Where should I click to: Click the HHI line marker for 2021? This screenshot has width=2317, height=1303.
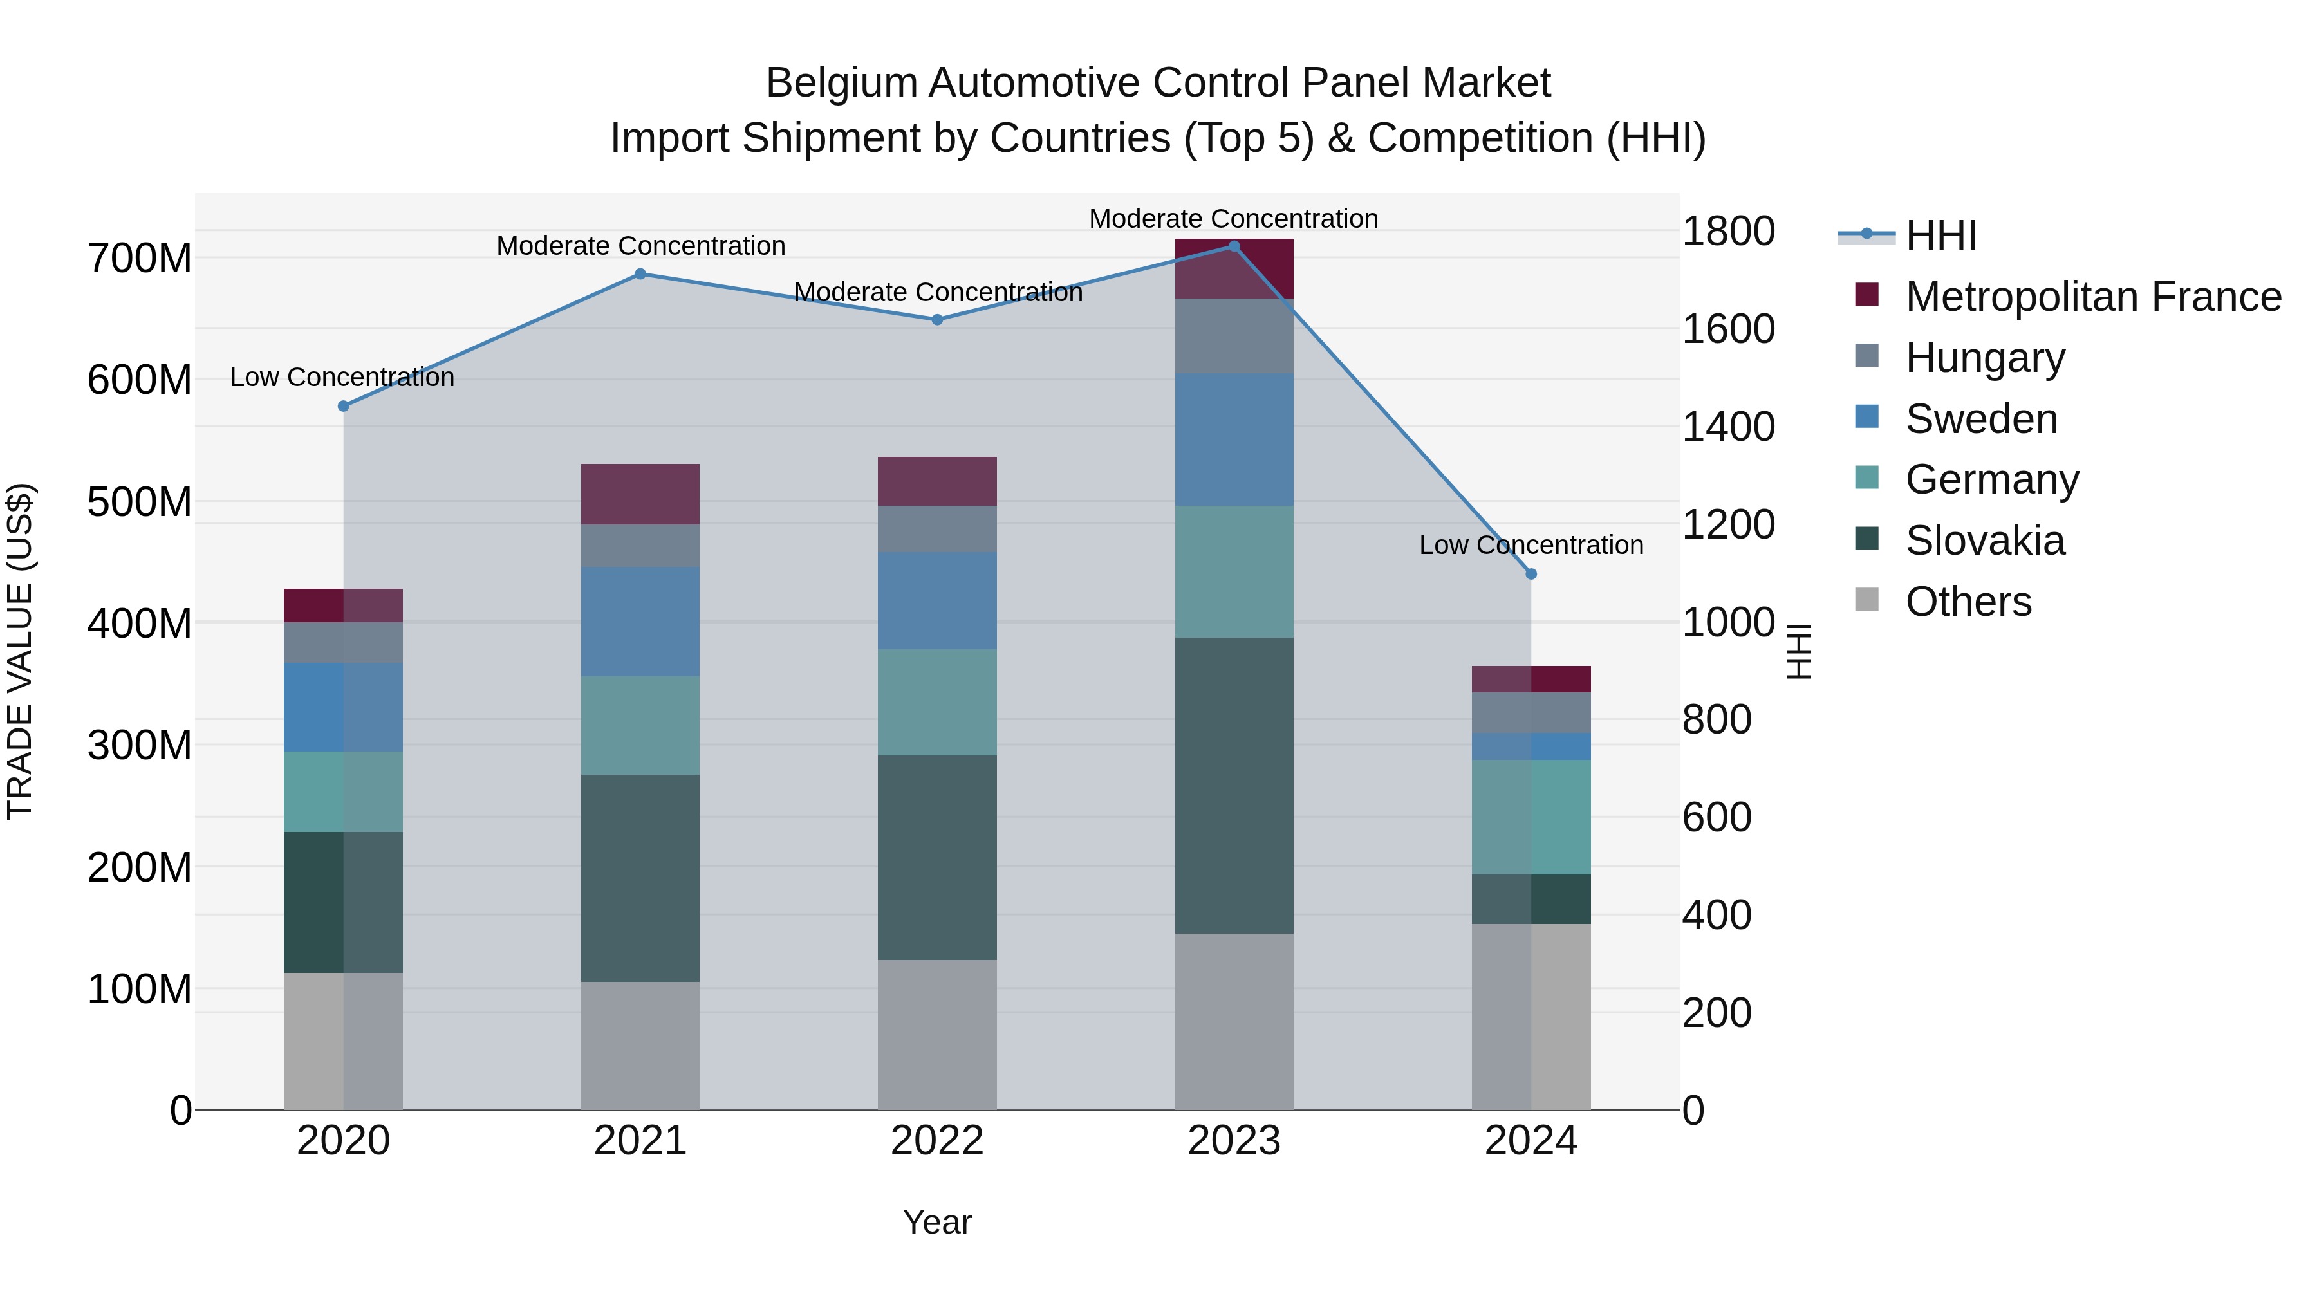(640, 274)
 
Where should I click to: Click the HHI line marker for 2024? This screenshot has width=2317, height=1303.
(1531, 574)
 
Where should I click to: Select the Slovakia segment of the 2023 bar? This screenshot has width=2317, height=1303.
(1233, 785)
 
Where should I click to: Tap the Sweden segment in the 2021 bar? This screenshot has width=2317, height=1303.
(640, 622)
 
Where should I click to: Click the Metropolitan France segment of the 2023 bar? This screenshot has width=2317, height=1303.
(1233, 269)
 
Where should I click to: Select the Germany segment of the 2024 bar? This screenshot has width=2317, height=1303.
(1531, 817)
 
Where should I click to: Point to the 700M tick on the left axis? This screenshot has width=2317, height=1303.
(140, 259)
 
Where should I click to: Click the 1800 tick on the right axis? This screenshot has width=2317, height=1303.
(1728, 232)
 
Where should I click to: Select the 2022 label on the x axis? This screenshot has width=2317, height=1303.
(936, 1141)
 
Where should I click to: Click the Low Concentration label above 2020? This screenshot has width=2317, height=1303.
(342, 378)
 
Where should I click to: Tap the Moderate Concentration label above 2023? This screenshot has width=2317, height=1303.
(1233, 219)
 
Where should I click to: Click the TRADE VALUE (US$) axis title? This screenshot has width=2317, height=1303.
(20, 651)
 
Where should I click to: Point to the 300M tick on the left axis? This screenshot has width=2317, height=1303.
(140, 746)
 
